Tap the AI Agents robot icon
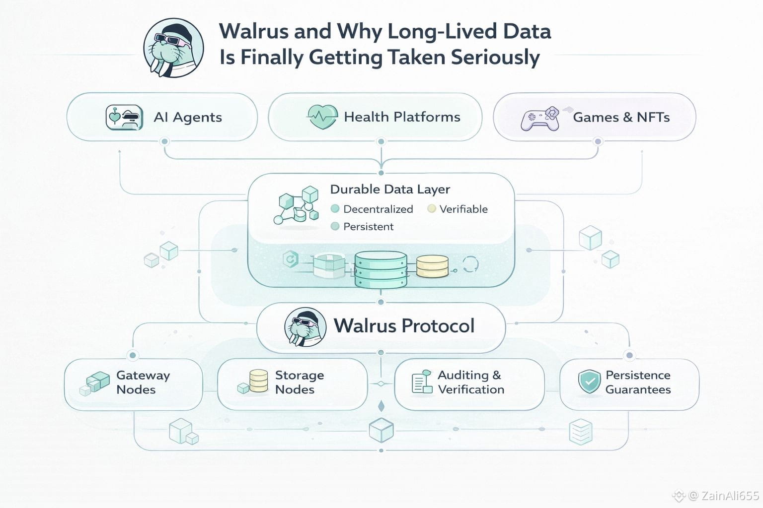coord(124,118)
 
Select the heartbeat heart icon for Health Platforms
coord(322,117)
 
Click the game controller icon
coord(540,118)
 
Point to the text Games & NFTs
coord(621,118)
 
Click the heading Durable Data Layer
coord(390,190)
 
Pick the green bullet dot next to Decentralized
coord(335,209)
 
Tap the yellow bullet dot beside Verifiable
coord(431,209)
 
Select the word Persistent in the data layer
coord(368,227)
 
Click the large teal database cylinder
coord(381,269)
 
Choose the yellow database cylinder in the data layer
coord(432,266)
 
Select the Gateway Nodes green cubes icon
coord(95,383)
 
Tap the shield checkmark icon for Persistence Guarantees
coord(589,382)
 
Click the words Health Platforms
coord(402,117)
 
